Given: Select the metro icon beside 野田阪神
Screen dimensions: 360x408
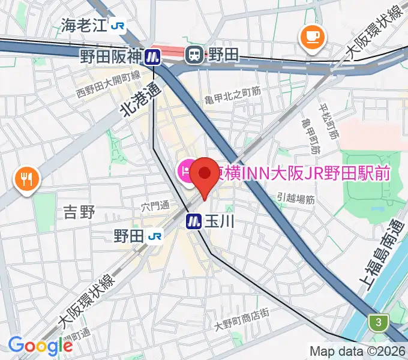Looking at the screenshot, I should (152, 56).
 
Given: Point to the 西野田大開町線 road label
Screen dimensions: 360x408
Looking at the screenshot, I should (108, 85).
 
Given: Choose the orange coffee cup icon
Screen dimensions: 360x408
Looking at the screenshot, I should (312, 37).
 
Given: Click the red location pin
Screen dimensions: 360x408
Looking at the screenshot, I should (204, 175).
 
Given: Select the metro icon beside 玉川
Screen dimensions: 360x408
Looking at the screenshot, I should (193, 221).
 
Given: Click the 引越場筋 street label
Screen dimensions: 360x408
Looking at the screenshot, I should (296, 198).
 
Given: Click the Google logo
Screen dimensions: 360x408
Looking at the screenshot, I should (40, 346).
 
